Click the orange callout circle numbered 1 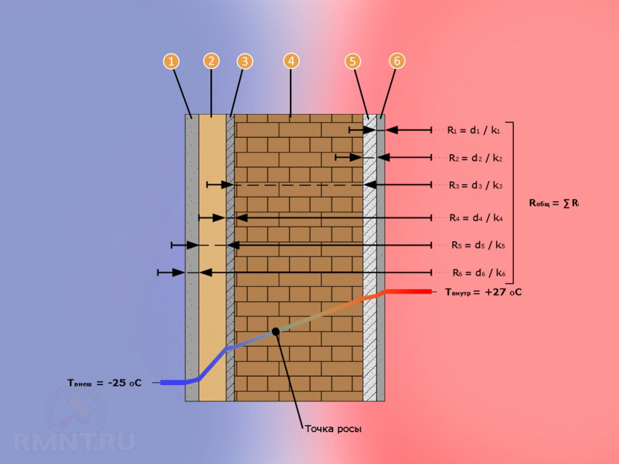pos(171,61)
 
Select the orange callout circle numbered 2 pos(211,61)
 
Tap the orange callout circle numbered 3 pos(245,61)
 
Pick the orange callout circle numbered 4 pos(291,61)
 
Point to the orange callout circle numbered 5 pos(353,61)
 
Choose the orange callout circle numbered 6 pos(397,61)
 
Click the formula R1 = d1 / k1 pos(474,130)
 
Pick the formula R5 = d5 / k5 pos(478,245)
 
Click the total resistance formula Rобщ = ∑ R pos(554,203)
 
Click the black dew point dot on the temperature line pos(275,331)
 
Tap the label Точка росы pos(333,429)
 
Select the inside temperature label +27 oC pos(483,292)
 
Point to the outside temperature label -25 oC pos(105,383)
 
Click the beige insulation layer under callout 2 pos(212,250)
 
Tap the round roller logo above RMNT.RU pos(75,410)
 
